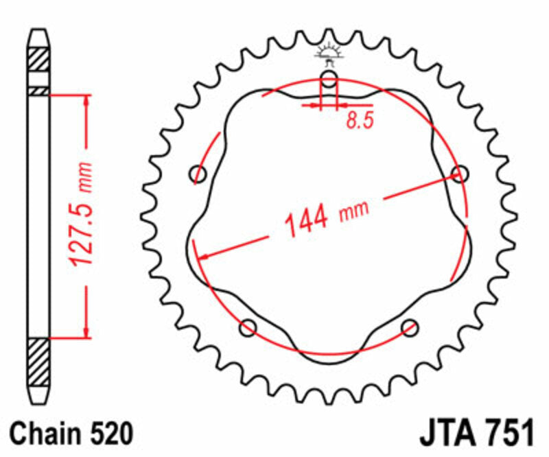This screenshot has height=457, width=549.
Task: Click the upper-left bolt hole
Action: click(x=199, y=173)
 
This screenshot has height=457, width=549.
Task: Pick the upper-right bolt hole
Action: click(x=459, y=173)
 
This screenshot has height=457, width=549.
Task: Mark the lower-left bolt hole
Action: click(x=248, y=327)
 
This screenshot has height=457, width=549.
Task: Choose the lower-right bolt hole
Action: click(x=410, y=327)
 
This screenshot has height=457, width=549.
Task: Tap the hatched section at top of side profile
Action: click(x=39, y=58)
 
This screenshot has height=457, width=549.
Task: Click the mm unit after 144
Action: click(x=353, y=210)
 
